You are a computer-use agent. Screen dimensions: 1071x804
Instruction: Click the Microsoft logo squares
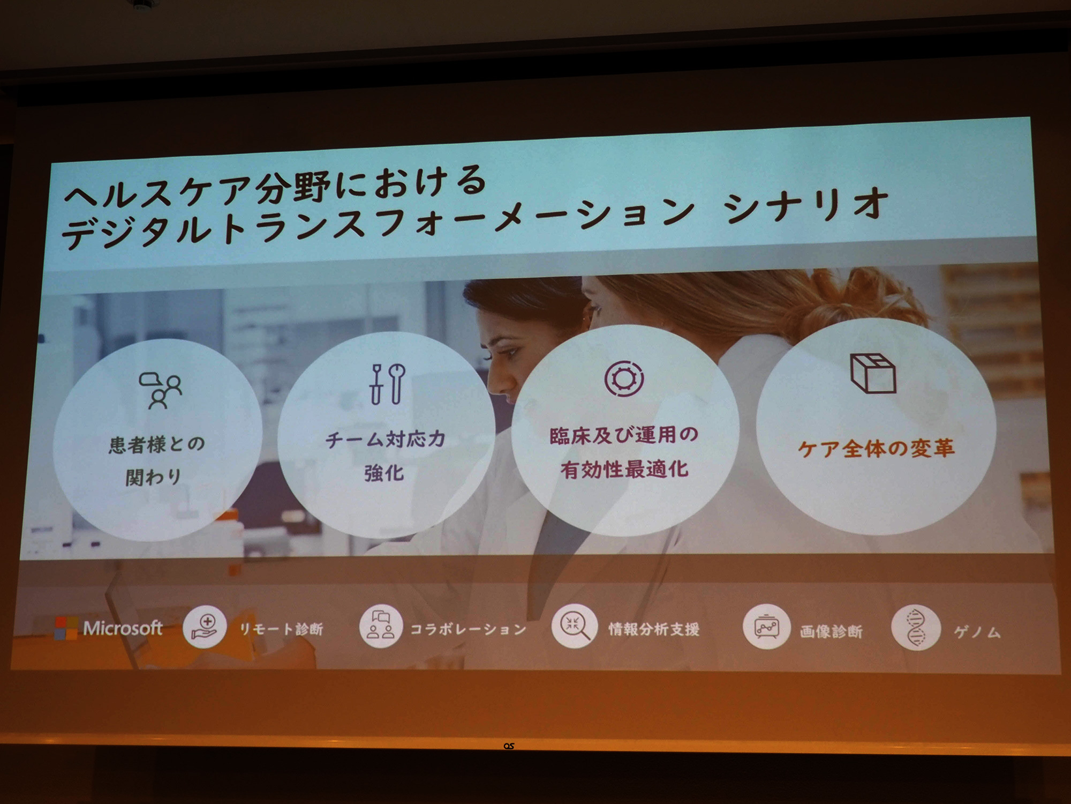click(x=66, y=628)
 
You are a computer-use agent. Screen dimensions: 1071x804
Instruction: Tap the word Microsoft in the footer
click(x=123, y=628)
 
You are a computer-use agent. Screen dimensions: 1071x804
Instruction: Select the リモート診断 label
click(x=281, y=629)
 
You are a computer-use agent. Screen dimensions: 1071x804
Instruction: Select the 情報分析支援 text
click(x=654, y=629)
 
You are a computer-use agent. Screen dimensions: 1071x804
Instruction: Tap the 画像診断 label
click(x=831, y=632)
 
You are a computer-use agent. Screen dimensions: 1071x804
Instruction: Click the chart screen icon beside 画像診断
click(x=766, y=627)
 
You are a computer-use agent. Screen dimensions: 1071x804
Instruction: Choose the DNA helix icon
click(x=916, y=628)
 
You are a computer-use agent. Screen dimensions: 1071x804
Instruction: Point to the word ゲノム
click(x=977, y=633)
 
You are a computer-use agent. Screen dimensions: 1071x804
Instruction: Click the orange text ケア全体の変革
click(x=876, y=448)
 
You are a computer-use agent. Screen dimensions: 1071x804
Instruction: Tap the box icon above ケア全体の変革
click(x=873, y=373)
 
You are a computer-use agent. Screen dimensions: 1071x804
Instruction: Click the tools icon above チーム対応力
click(x=388, y=383)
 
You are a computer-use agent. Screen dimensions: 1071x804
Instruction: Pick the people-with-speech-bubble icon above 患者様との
click(x=160, y=391)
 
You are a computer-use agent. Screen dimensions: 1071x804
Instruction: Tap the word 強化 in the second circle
click(x=384, y=473)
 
